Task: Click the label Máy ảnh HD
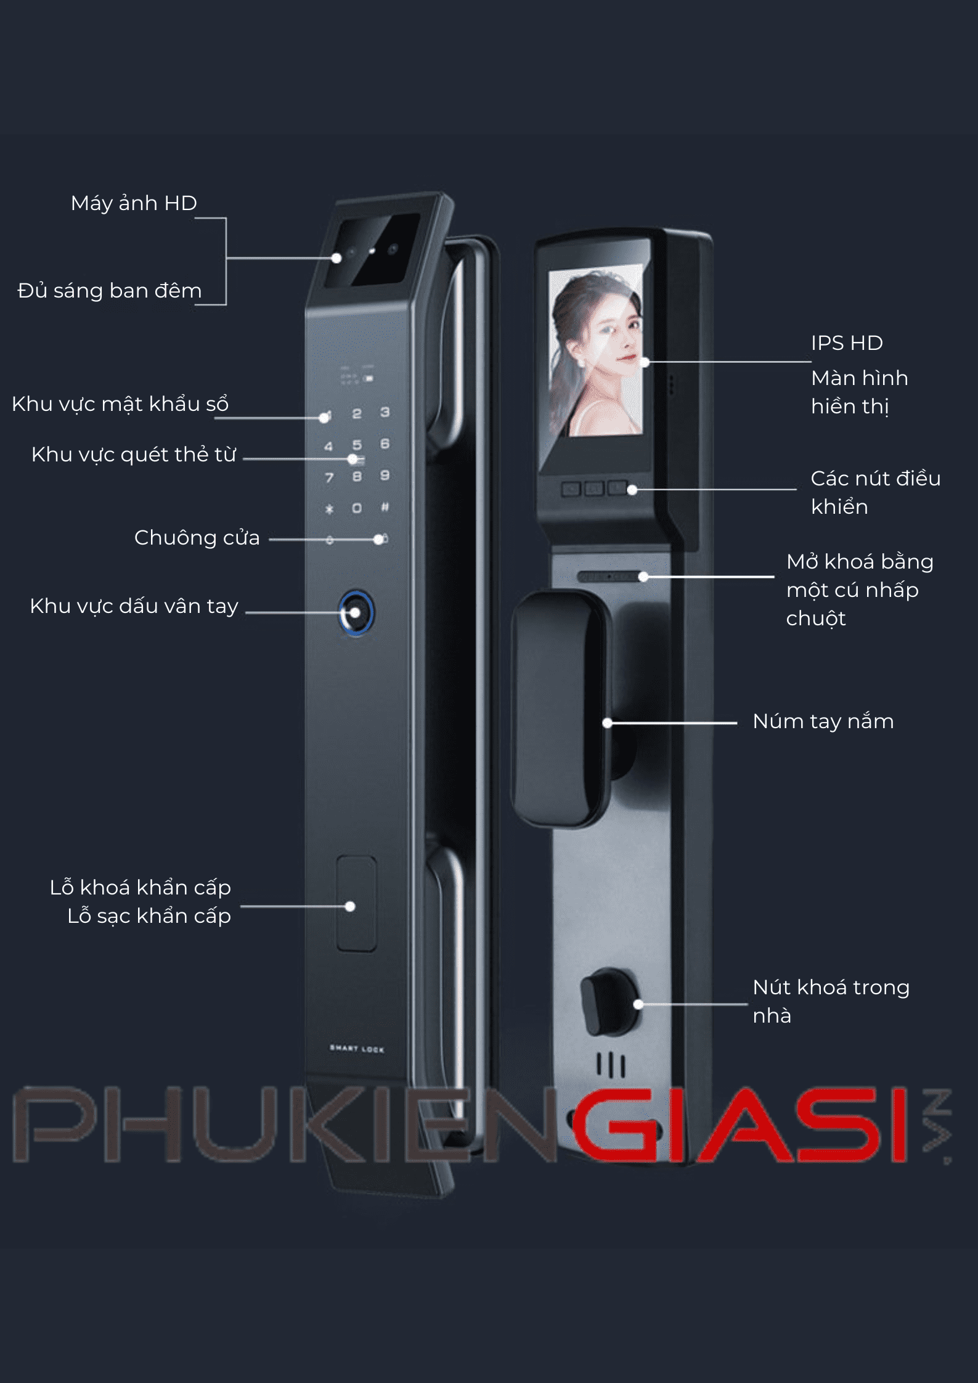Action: [134, 203]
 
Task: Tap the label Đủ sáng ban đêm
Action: [110, 291]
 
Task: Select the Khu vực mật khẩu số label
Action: [120, 404]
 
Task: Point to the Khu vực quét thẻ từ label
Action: [134, 455]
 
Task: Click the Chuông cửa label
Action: [197, 538]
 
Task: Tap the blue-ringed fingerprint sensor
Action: [356, 613]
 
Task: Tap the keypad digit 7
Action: [329, 477]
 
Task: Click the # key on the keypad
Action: [385, 507]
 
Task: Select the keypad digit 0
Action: [357, 508]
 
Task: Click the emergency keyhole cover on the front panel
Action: [356, 904]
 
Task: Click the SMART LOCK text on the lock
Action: [357, 1048]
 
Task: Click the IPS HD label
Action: [847, 343]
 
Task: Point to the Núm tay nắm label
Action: [823, 721]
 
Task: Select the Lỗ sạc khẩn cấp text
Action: [149, 916]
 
